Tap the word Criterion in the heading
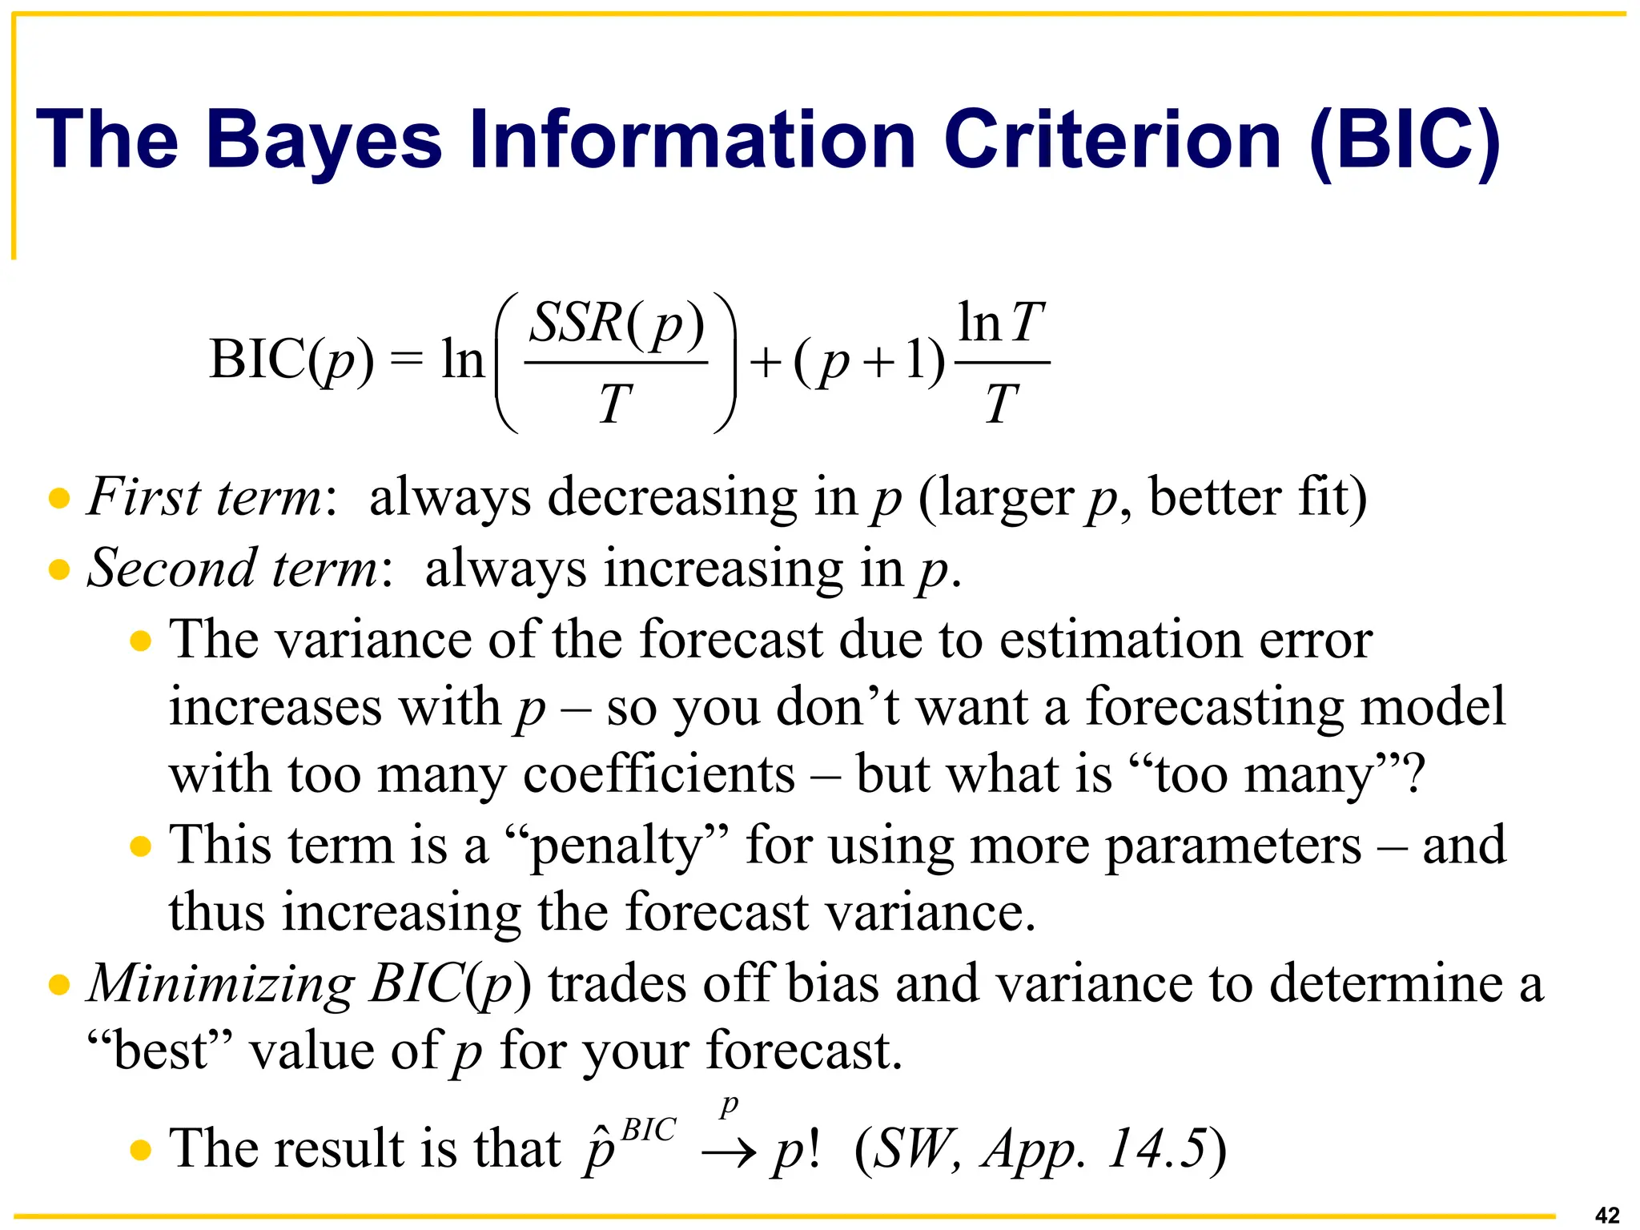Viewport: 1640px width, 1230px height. [1113, 140]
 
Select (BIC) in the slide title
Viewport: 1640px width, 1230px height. [1405, 140]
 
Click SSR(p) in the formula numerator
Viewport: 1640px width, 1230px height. [617, 324]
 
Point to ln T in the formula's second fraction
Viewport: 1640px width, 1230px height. [1001, 323]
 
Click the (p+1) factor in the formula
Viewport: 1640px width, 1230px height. [870, 361]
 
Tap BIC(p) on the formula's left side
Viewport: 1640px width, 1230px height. [291, 360]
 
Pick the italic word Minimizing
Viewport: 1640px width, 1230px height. [220, 983]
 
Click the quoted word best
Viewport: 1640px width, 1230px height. [160, 1051]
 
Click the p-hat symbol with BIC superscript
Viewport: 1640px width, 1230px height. [629, 1145]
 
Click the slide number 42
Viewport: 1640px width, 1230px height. [1607, 1215]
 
